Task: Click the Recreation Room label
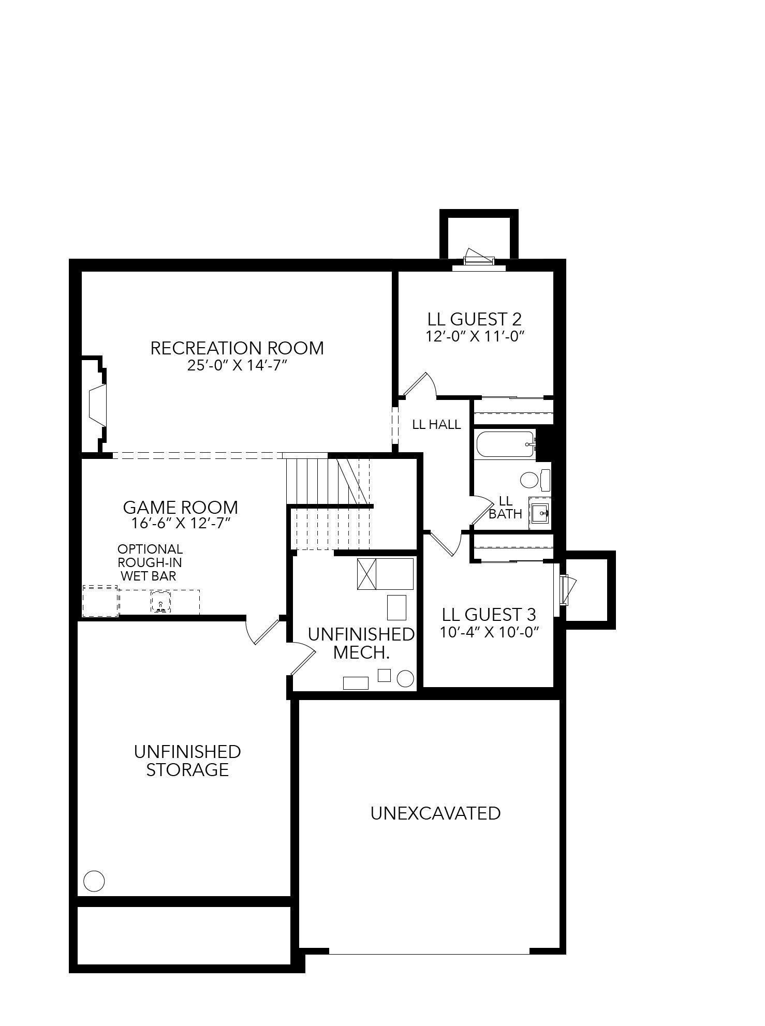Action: pyautogui.click(x=237, y=348)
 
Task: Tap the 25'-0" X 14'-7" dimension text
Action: pyautogui.click(x=237, y=365)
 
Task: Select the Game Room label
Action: pyautogui.click(x=180, y=507)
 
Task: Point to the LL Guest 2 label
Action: pyautogui.click(x=475, y=319)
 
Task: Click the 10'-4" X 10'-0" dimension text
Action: pyautogui.click(x=489, y=632)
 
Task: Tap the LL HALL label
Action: pyautogui.click(x=436, y=424)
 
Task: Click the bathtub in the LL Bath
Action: pyautogui.click(x=505, y=444)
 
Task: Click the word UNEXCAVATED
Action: pyautogui.click(x=435, y=813)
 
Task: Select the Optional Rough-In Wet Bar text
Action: pyautogui.click(x=150, y=562)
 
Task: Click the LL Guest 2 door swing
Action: pyautogui.click(x=421, y=384)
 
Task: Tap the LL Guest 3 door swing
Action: pyautogui.click(x=446, y=544)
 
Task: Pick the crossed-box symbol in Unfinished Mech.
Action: pyautogui.click(x=366, y=574)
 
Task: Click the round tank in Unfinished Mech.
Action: pyautogui.click(x=405, y=678)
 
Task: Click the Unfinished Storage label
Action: pyautogui.click(x=187, y=761)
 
